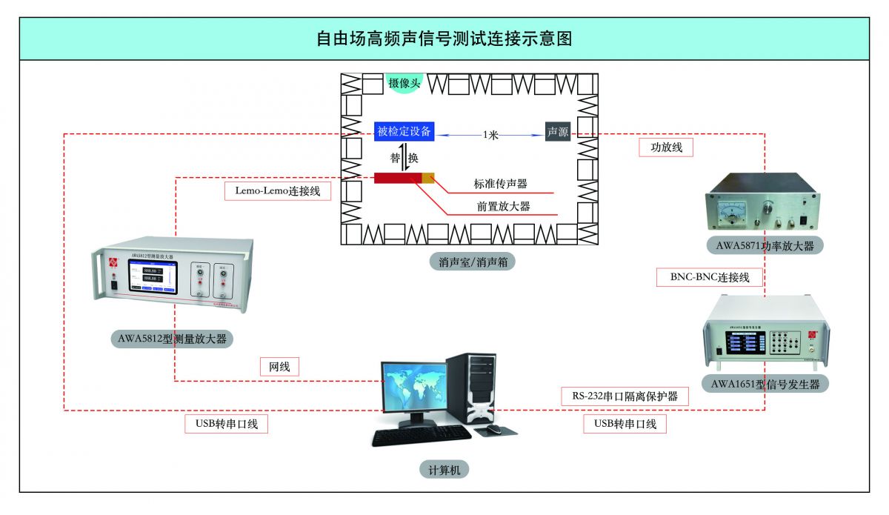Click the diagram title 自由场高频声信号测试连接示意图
pos(444,39)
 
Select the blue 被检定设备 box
pos(404,132)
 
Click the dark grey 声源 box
pos(558,132)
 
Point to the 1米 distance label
pos(490,135)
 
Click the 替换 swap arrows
pos(405,158)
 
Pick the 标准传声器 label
pos(501,184)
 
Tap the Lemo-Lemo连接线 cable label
pos(277,190)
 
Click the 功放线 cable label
pos(665,147)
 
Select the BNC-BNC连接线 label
pos(710,278)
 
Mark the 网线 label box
pos(279,366)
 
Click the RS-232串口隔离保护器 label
pos(625,396)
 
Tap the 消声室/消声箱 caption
pos(466,262)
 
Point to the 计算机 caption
pos(444,469)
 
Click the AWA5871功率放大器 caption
pos(765,245)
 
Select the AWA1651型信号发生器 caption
pos(765,383)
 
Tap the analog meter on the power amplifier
pos(733,210)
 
